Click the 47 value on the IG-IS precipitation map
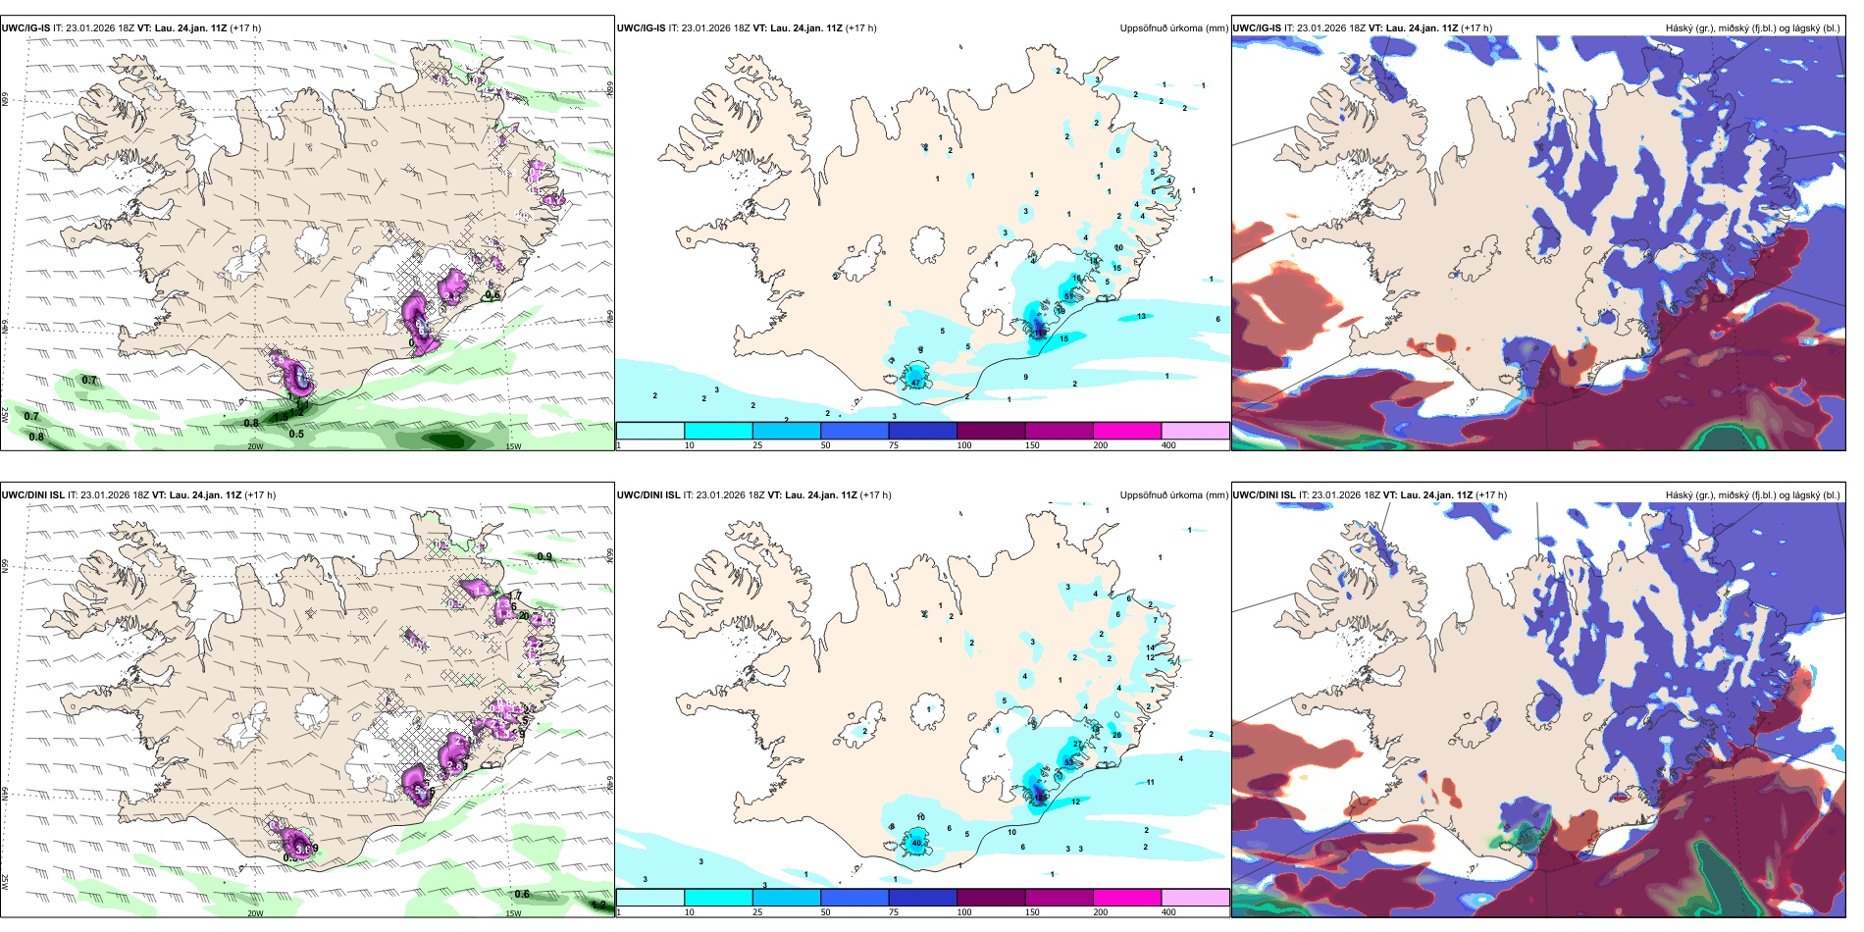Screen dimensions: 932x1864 click(915, 382)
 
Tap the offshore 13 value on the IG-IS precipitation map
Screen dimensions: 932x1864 click(1141, 316)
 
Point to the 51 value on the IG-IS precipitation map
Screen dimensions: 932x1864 click(1068, 296)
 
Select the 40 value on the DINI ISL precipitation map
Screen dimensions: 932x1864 click(917, 843)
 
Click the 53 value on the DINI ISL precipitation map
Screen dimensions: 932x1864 click(1068, 762)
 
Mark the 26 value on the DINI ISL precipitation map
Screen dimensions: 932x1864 click(1116, 735)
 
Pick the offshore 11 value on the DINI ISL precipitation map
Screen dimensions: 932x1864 click(1150, 782)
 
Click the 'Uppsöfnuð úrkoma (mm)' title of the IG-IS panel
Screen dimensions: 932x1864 click(1173, 28)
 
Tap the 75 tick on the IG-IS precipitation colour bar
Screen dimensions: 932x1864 click(893, 445)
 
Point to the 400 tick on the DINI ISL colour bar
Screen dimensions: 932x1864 click(1167, 912)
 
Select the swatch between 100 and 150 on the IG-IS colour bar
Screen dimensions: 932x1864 click(990, 431)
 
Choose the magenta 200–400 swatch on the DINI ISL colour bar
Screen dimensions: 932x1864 click(1126, 898)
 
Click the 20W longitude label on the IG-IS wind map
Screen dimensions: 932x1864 click(255, 446)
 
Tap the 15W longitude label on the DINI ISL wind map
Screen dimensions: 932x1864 click(513, 913)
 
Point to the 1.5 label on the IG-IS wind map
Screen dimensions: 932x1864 click(282, 417)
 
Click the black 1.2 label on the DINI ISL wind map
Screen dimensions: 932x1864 click(599, 905)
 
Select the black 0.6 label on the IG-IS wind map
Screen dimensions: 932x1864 click(492, 294)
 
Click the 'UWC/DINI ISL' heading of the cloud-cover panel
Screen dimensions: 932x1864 click(1264, 495)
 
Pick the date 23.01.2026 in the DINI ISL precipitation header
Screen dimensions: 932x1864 click(720, 495)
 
